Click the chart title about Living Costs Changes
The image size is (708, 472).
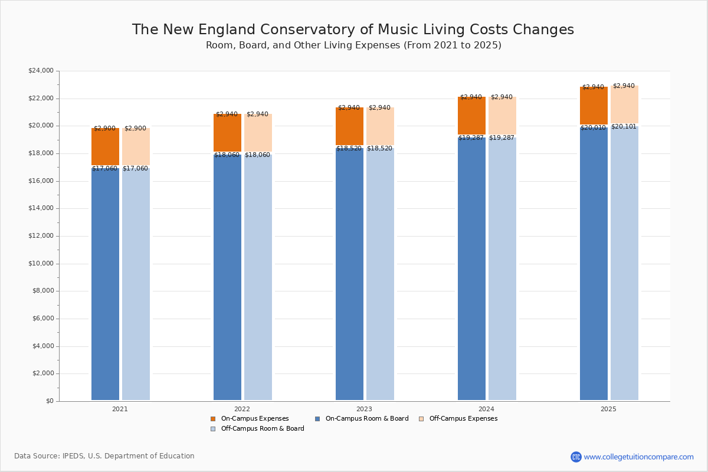(353, 30)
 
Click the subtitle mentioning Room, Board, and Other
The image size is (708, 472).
(353, 45)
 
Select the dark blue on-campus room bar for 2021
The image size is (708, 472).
(105, 283)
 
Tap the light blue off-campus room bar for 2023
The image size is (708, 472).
(380, 271)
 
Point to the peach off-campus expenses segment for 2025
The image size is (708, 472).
(624, 104)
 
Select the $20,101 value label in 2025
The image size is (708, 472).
(624, 127)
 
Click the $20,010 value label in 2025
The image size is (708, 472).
(593, 128)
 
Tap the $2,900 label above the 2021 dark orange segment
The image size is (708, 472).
(104, 129)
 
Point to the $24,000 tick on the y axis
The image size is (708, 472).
(41, 71)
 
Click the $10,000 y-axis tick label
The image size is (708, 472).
(41, 264)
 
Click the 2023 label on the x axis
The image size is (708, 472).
(364, 409)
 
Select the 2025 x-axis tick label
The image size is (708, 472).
(608, 409)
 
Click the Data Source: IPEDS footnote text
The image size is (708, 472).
(104, 456)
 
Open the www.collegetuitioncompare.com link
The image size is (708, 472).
(638, 457)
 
